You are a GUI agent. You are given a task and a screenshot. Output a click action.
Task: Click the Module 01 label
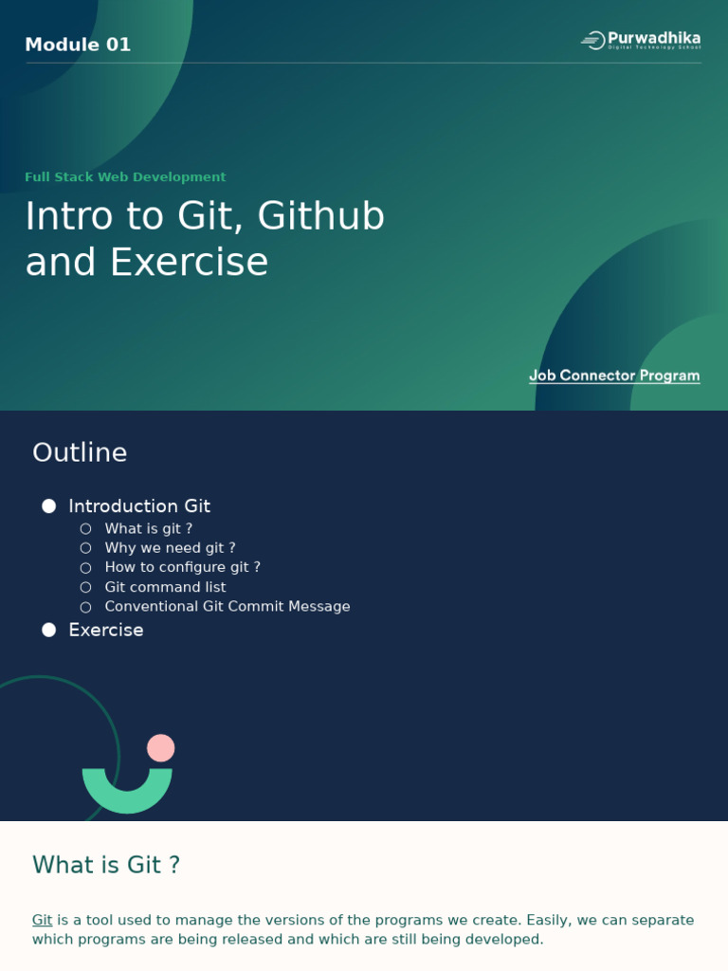click(78, 45)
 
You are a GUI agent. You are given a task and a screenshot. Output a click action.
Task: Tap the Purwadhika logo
click(641, 40)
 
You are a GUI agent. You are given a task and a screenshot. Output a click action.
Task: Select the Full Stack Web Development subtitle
click(125, 177)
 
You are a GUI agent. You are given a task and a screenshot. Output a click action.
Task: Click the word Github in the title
click(321, 216)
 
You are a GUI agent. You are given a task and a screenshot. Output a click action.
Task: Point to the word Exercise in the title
click(189, 263)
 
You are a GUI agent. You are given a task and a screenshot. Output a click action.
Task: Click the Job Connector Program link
click(614, 376)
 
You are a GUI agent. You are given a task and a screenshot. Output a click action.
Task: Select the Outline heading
click(80, 452)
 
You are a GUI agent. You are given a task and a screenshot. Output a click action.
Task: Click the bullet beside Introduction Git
click(49, 506)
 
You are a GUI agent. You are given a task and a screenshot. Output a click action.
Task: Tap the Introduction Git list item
click(139, 506)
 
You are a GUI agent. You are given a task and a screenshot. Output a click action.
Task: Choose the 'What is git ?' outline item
click(148, 529)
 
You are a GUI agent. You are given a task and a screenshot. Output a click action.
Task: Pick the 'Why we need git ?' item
click(170, 548)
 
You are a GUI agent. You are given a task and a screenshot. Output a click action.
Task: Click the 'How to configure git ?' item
click(182, 567)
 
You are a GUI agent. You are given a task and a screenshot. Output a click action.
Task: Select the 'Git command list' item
click(165, 587)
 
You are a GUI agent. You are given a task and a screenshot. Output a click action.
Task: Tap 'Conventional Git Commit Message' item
click(227, 607)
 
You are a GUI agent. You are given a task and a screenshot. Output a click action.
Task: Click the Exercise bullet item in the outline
click(106, 630)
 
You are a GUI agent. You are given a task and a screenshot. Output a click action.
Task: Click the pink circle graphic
click(161, 748)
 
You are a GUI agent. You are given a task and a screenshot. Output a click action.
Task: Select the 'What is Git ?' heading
click(106, 865)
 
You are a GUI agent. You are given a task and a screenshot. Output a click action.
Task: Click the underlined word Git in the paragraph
click(42, 920)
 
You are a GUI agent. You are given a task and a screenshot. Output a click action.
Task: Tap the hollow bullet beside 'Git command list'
click(85, 587)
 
